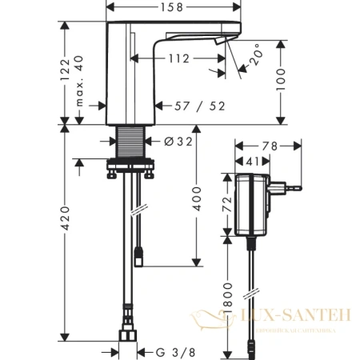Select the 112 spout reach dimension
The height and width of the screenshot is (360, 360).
click(178, 58)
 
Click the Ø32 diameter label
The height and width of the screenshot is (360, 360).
click(180, 142)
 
